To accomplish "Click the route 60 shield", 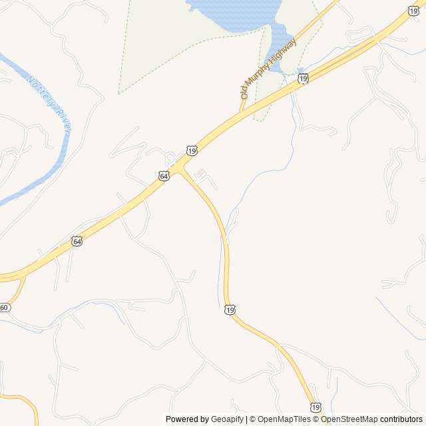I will coord(5,308).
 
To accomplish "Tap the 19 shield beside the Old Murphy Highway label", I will coord(304,79).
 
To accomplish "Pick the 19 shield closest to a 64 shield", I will coord(192,152).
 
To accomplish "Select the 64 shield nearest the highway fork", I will coord(164,176).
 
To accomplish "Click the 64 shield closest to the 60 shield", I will coord(77,241).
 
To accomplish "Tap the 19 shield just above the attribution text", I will coord(316,407).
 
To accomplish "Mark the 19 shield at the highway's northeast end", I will coord(413,11).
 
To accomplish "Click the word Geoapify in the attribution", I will coord(228,419).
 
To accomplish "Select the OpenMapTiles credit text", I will coord(280,419).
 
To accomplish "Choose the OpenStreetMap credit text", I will coord(349,419).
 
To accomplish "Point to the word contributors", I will coord(401,419).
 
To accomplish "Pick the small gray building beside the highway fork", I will coord(201,172).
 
